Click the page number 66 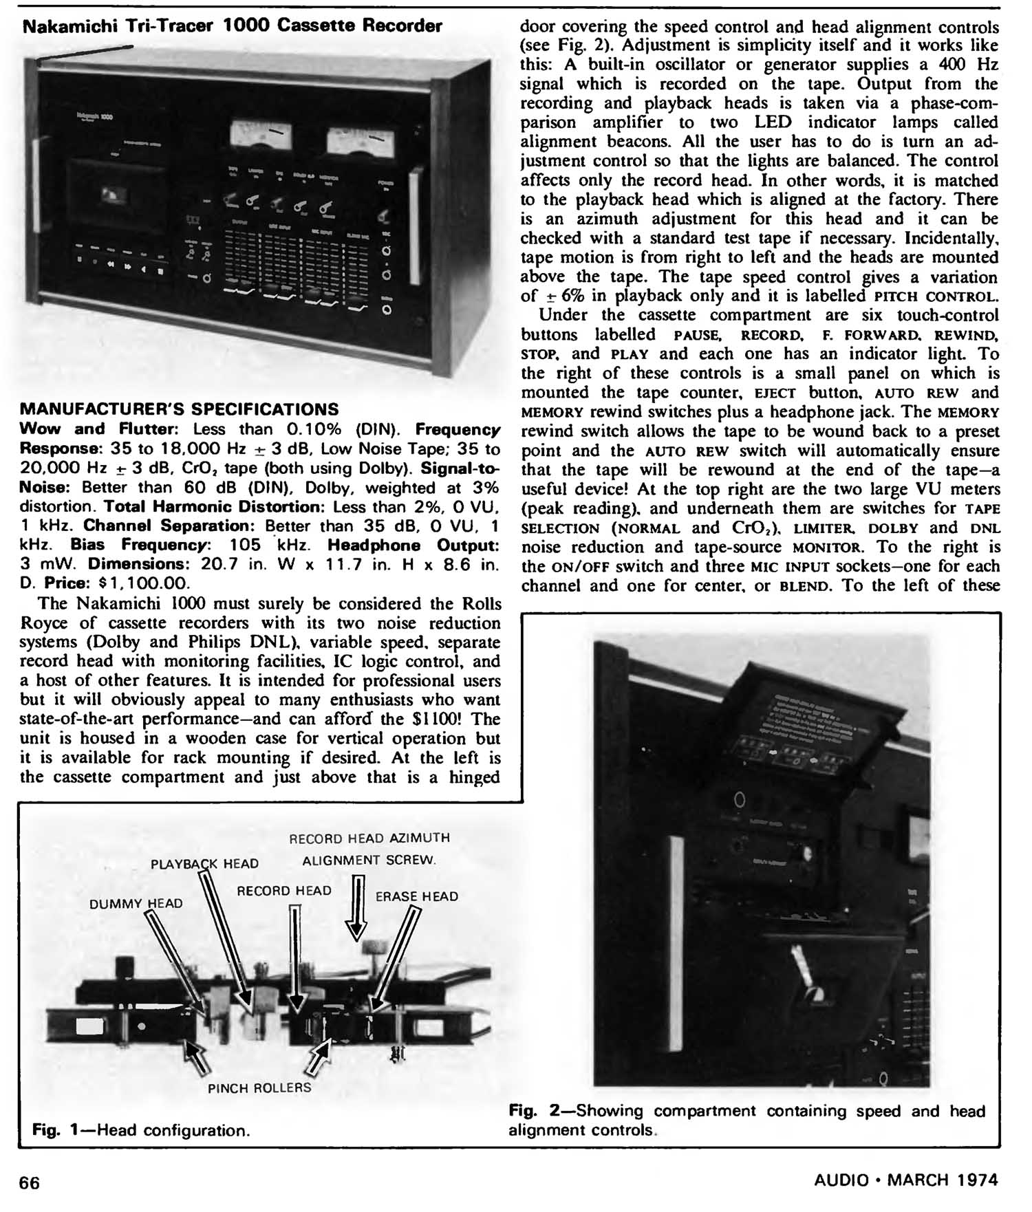[x=30, y=1182]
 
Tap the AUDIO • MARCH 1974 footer [x=905, y=1180]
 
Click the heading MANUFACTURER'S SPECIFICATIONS [x=180, y=410]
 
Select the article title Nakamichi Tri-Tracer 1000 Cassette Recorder [x=233, y=27]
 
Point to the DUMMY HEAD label [x=136, y=903]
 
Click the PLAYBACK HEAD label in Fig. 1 [x=204, y=864]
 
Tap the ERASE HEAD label [x=416, y=896]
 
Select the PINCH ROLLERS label [x=259, y=1087]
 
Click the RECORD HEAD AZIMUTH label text [x=369, y=838]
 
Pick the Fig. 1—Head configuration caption [x=141, y=1131]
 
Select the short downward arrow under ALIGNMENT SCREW [x=356, y=907]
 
